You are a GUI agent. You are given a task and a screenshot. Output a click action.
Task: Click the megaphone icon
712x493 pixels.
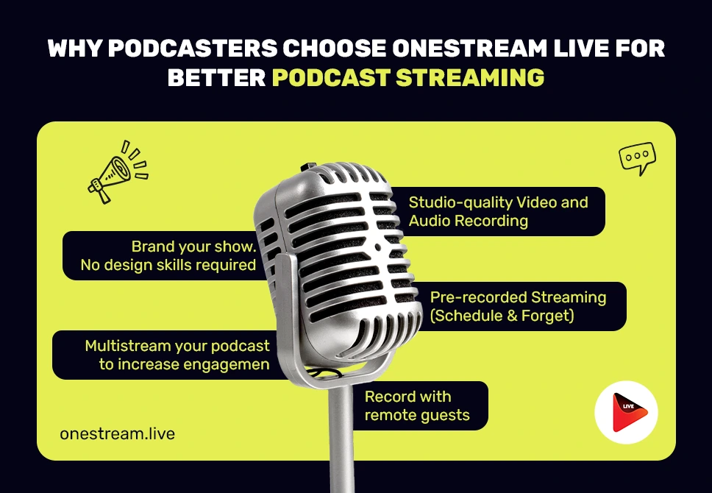point(117,172)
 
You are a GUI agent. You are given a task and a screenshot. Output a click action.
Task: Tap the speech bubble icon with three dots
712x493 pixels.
point(637,158)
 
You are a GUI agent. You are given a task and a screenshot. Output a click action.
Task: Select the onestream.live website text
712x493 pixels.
point(117,433)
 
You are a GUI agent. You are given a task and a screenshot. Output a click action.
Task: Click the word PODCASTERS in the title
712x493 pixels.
point(193,49)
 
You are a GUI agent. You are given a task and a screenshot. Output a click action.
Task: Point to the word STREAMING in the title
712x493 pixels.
point(470,78)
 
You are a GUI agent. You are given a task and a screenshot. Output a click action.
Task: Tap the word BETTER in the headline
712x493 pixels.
point(216,78)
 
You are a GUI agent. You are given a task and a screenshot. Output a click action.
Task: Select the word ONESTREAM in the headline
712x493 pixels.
point(470,49)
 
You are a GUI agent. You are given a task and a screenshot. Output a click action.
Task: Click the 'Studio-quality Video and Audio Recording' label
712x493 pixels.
point(497,211)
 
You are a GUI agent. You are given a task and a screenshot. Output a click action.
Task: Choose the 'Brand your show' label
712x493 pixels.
point(168,255)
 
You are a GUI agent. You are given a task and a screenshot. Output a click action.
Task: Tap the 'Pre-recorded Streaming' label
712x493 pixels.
point(518,306)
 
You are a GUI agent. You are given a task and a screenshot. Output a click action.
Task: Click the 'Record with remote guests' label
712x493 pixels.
point(418,405)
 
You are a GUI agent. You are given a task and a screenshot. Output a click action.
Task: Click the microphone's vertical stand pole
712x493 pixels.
point(341,436)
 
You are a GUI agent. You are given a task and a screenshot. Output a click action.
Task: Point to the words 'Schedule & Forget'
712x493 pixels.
point(502,316)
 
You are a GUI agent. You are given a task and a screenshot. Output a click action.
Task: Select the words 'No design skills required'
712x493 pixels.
point(168,265)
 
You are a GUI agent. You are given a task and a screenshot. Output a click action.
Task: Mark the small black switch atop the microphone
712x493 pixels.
point(309,167)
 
